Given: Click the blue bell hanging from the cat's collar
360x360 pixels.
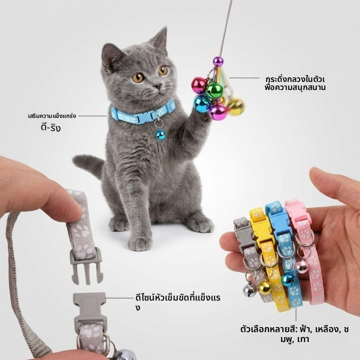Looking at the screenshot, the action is [x=160, y=135].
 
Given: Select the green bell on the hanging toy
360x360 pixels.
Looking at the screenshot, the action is [x=214, y=90].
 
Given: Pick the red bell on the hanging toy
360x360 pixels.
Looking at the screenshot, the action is [x=199, y=85].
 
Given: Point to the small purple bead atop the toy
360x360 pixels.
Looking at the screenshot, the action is [x=218, y=61].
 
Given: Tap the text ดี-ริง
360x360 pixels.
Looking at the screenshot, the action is [x=50, y=127].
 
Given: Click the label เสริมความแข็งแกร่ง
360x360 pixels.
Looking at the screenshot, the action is [x=52, y=116].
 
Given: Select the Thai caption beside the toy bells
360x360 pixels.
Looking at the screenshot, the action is [x=295, y=83].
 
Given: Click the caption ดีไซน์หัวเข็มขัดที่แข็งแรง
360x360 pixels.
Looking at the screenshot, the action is [x=178, y=302].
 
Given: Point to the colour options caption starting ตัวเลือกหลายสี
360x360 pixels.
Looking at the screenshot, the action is [x=295, y=334].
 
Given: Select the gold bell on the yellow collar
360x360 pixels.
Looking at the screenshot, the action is [x=264, y=288].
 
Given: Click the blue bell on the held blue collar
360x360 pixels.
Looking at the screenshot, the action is [x=288, y=279].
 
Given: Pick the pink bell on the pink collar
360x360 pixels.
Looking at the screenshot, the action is [x=301, y=266].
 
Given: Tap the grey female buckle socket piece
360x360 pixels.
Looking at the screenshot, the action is [x=90, y=310].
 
